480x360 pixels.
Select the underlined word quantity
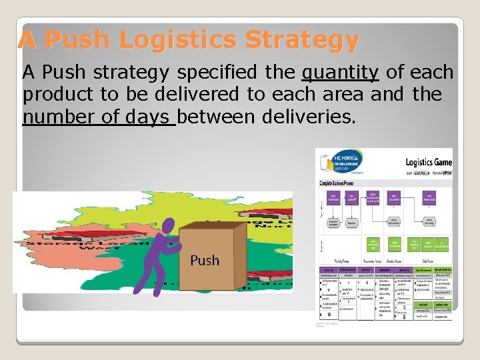point(340,73)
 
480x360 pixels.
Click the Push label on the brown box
point(204,260)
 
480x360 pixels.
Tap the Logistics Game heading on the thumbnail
point(428,162)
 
